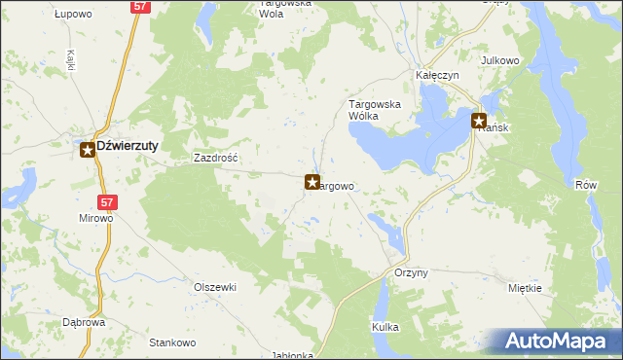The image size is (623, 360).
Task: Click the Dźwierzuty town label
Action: click(x=128, y=146)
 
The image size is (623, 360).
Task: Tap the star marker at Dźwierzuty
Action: click(x=88, y=149)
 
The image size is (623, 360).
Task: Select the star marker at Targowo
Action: click(x=312, y=182)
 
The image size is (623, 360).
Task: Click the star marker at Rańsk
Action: click(x=479, y=122)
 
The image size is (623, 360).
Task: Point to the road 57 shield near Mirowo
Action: click(x=108, y=202)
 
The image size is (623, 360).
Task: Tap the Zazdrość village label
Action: click(x=216, y=157)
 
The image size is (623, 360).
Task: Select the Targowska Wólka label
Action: click(x=377, y=109)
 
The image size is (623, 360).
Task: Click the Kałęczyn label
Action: click(x=437, y=75)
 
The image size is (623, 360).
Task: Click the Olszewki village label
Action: click(x=215, y=287)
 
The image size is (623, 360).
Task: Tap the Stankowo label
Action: click(x=172, y=342)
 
